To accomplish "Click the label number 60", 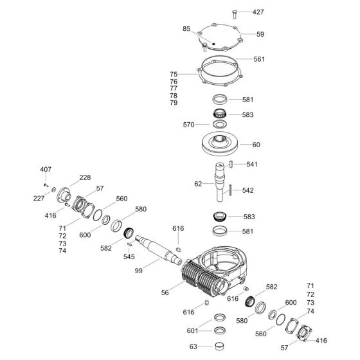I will tap(256, 145).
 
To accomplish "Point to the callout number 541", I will tap(252, 165).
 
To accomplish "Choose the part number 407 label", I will tap(46, 169).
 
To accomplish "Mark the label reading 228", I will tap(85, 177).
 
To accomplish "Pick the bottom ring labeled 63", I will tap(219, 348).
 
